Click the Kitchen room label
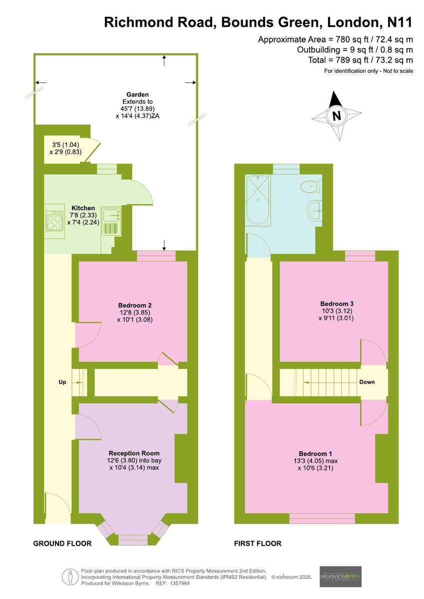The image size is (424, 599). pos(83,208)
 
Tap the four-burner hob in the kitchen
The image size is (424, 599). pos(55,221)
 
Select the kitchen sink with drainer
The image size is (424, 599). pos(111,221)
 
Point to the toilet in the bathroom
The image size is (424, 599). pos(311,186)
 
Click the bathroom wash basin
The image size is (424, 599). pos(315,211)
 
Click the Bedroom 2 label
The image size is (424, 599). pos(135,305)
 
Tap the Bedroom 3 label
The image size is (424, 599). pos(337,303)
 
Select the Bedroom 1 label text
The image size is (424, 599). pos(316,454)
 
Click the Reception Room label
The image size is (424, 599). pos(134,453)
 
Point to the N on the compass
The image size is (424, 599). pos(337,116)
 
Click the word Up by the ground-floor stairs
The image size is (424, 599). pos(62,382)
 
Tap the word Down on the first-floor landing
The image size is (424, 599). pos(367,382)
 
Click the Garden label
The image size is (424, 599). pos(137,94)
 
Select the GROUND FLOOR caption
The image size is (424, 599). pos(62,544)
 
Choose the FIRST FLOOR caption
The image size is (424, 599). pos(258,544)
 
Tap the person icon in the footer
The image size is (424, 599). pos(70,578)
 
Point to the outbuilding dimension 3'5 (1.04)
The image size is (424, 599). pos(65,145)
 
